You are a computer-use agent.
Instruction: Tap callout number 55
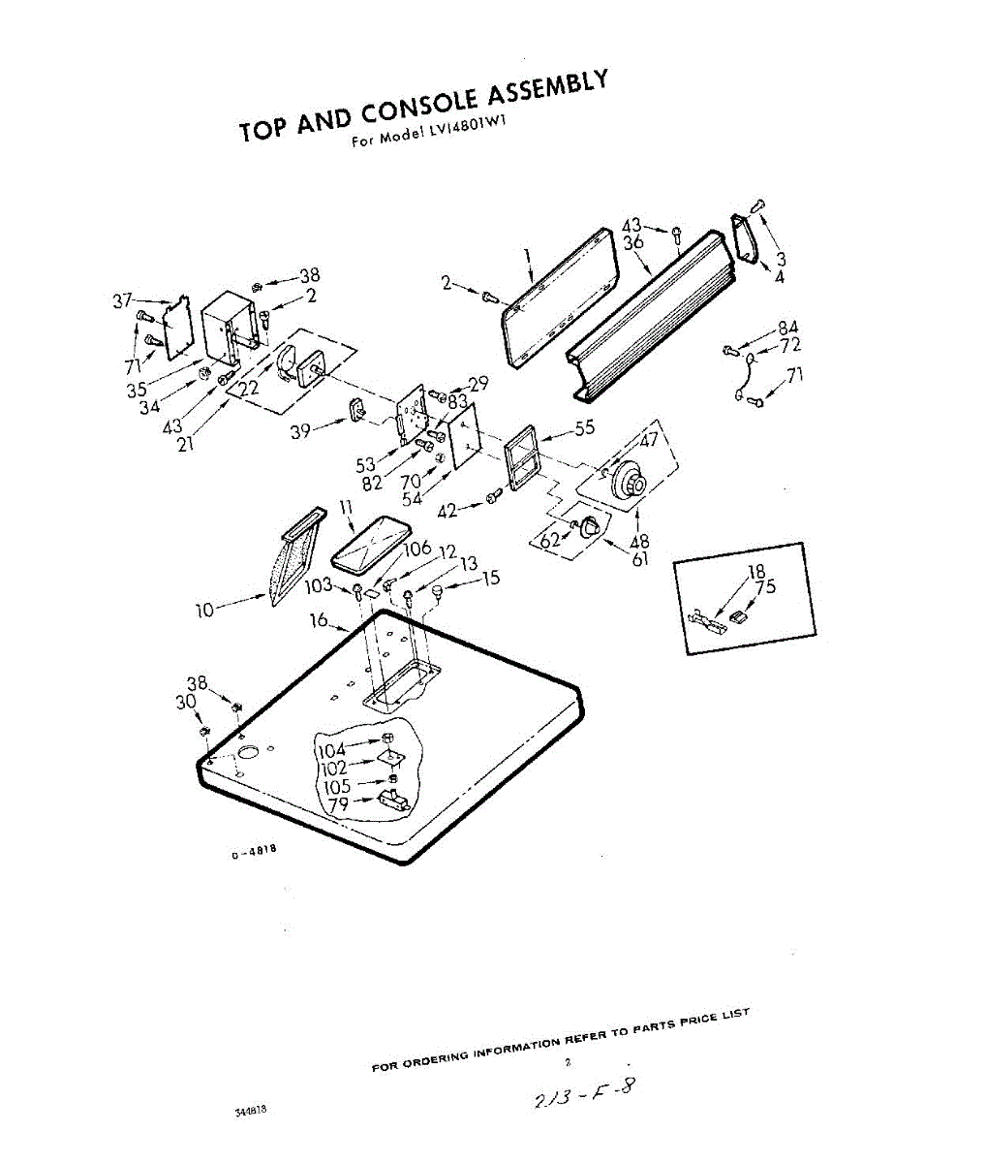[x=585, y=428]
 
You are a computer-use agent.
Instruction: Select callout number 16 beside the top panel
[x=320, y=620]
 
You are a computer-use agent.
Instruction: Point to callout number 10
[x=204, y=611]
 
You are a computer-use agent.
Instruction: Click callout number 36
[x=633, y=243]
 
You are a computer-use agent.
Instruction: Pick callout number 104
[x=331, y=750]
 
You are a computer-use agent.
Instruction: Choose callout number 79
[x=338, y=803]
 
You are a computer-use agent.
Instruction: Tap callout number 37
[x=122, y=301]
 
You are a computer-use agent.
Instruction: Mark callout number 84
[x=788, y=329]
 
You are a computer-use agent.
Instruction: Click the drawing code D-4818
[x=255, y=849]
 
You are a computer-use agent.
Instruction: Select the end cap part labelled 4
[x=745, y=237]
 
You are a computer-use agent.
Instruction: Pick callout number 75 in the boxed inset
[x=765, y=586]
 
